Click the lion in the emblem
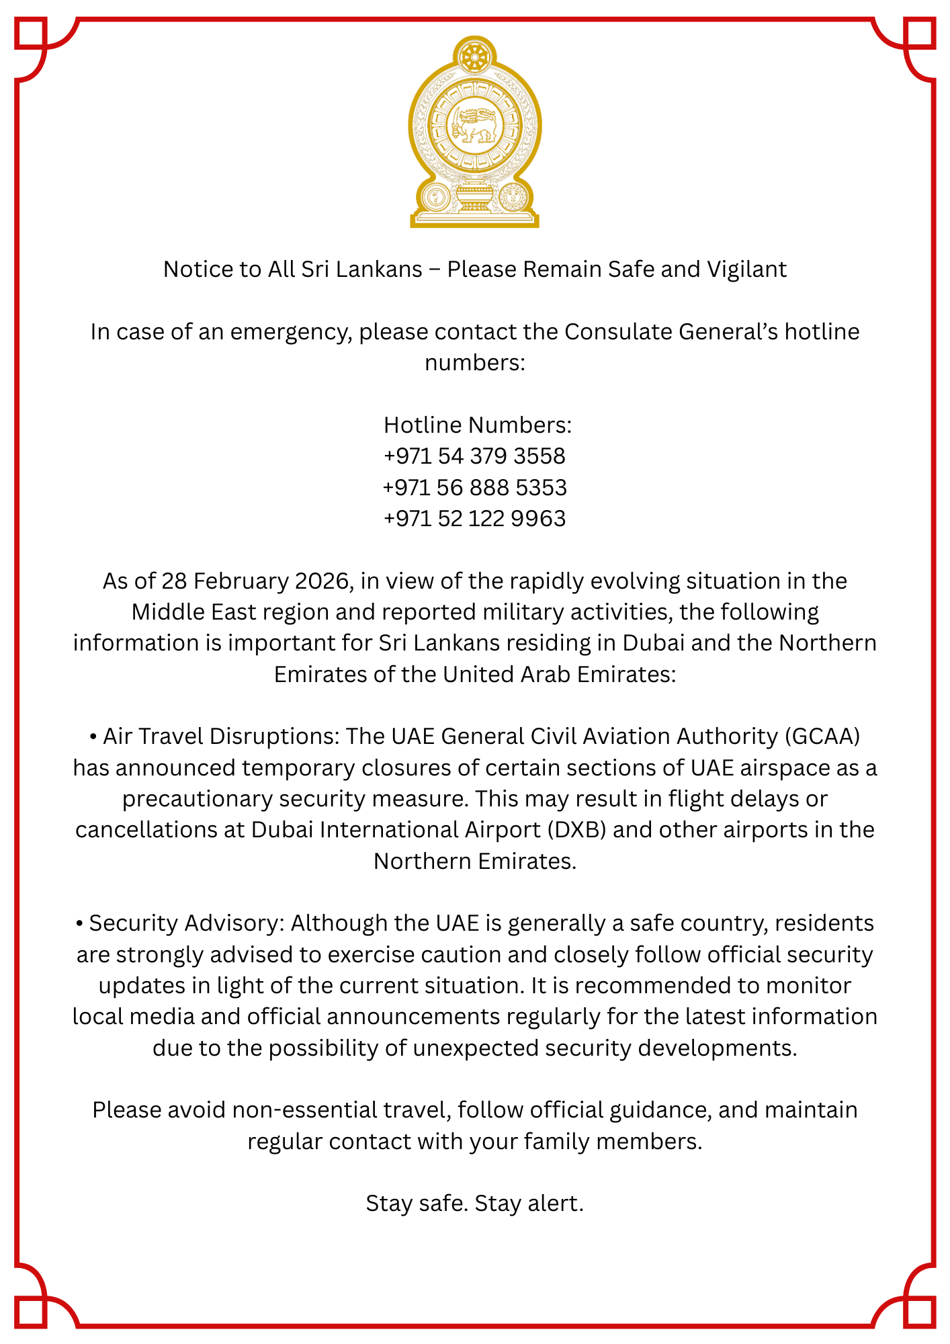coord(476,125)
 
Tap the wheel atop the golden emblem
coord(475,56)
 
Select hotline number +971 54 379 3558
coord(474,456)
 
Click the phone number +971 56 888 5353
coord(474,487)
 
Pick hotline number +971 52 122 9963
coord(474,519)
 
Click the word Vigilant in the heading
coord(746,269)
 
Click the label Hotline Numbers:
coord(477,425)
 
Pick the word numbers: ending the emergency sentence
coord(474,363)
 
